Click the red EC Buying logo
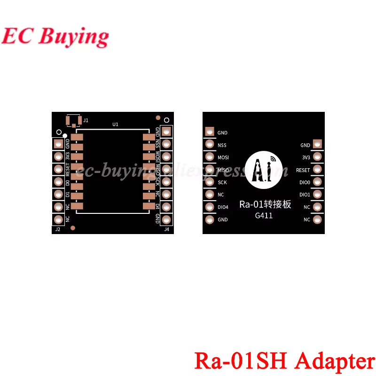click(55, 37)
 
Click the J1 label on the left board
click(86, 120)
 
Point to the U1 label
click(115, 125)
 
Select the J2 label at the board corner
click(58, 229)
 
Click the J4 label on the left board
click(166, 229)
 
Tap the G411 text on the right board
click(264, 216)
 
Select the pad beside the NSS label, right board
click(210, 145)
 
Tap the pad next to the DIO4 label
click(210, 207)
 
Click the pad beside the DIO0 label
click(318, 182)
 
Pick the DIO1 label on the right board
click(305, 195)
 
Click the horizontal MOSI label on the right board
click(223, 157)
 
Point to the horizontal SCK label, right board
click(222, 182)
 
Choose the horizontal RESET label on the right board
click(303, 170)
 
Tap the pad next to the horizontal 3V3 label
click(318, 157)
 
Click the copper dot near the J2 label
click(73, 228)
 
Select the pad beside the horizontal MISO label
click(210, 170)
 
